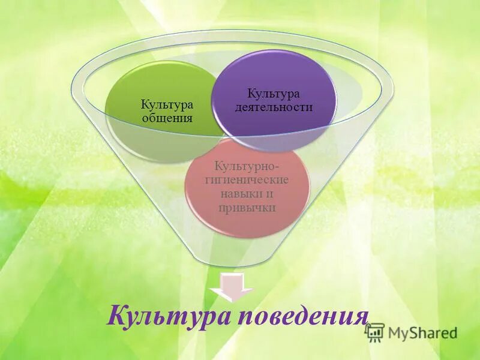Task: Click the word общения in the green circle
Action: coord(167,118)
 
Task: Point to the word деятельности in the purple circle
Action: coord(274,107)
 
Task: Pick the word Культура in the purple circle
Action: coord(274,94)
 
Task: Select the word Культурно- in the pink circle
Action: coord(247,166)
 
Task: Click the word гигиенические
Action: coord(247,180)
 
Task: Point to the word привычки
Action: coord(247,208)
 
